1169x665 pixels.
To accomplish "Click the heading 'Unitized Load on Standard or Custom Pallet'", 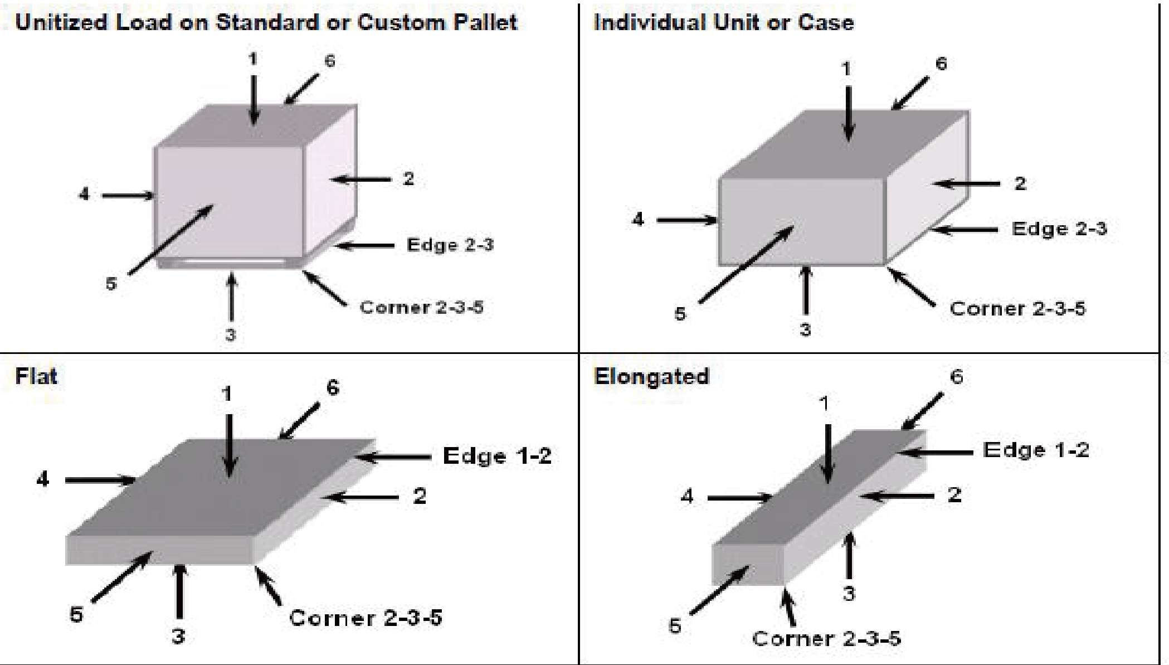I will pos(266,22).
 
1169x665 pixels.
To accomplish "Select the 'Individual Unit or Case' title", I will pos(723,22).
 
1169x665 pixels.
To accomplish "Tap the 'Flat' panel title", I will pos(36,376).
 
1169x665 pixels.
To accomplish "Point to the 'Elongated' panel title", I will pos(651,377).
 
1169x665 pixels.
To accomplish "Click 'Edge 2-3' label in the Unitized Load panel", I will pos(450,245).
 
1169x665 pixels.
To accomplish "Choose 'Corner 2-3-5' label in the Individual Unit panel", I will pos(1017,308).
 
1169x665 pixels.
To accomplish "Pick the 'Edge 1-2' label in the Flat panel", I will pos(497,456).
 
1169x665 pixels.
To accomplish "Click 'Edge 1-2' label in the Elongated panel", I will pos(1036,450).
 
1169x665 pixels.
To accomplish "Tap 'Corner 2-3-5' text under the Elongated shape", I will pos(826,638).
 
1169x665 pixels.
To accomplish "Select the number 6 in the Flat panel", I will pos(333,387).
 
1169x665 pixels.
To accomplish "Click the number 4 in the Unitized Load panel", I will pos(84,194).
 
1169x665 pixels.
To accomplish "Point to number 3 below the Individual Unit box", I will pos(805,329).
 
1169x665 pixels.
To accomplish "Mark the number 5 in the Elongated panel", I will pos(675,626).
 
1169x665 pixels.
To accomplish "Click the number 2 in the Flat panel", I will pos(420,496).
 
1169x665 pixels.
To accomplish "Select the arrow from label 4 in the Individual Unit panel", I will pos(687,220).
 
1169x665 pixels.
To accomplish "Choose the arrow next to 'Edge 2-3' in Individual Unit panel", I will pos(964,229).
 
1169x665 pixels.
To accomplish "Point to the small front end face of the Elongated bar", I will pos(748,564).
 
